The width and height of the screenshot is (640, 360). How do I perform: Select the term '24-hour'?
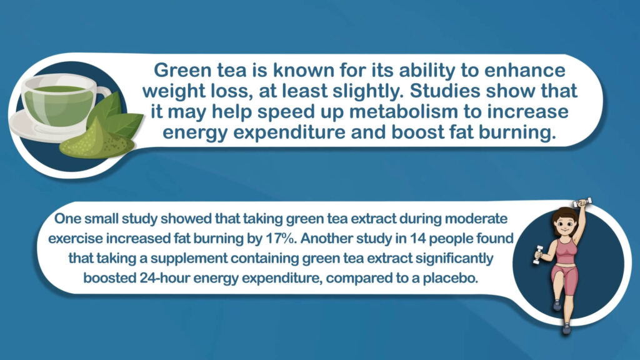pyautogui.click(x=164, y=278)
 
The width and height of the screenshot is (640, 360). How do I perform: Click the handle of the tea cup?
pyautogui.click(x=104, y=92)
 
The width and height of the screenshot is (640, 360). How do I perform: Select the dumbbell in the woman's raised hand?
pyautogui.click(x=582, y=202)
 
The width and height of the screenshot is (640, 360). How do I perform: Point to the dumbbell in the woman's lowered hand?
pyautogui.click(x=538, y=254)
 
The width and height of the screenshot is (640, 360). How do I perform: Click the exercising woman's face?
pyautogui.click(x=564, y=224)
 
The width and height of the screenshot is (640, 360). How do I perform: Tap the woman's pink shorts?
pyautogui.click(x=564, y=278)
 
